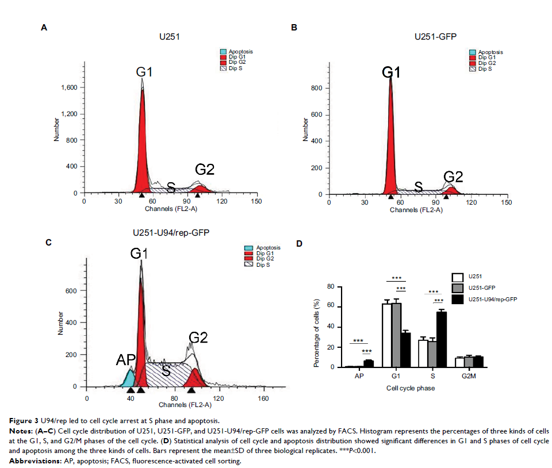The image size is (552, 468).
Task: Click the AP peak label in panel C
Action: (x=126, y=360)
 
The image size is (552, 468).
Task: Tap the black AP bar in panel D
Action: (x=369, y=363)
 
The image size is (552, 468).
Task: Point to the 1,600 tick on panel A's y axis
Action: (x=70, y=87)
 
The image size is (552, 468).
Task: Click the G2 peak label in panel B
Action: (x=453, y=177)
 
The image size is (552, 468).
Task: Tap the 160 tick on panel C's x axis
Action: (x=263, y=397)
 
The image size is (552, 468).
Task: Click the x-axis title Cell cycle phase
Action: (x=410, y=388)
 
